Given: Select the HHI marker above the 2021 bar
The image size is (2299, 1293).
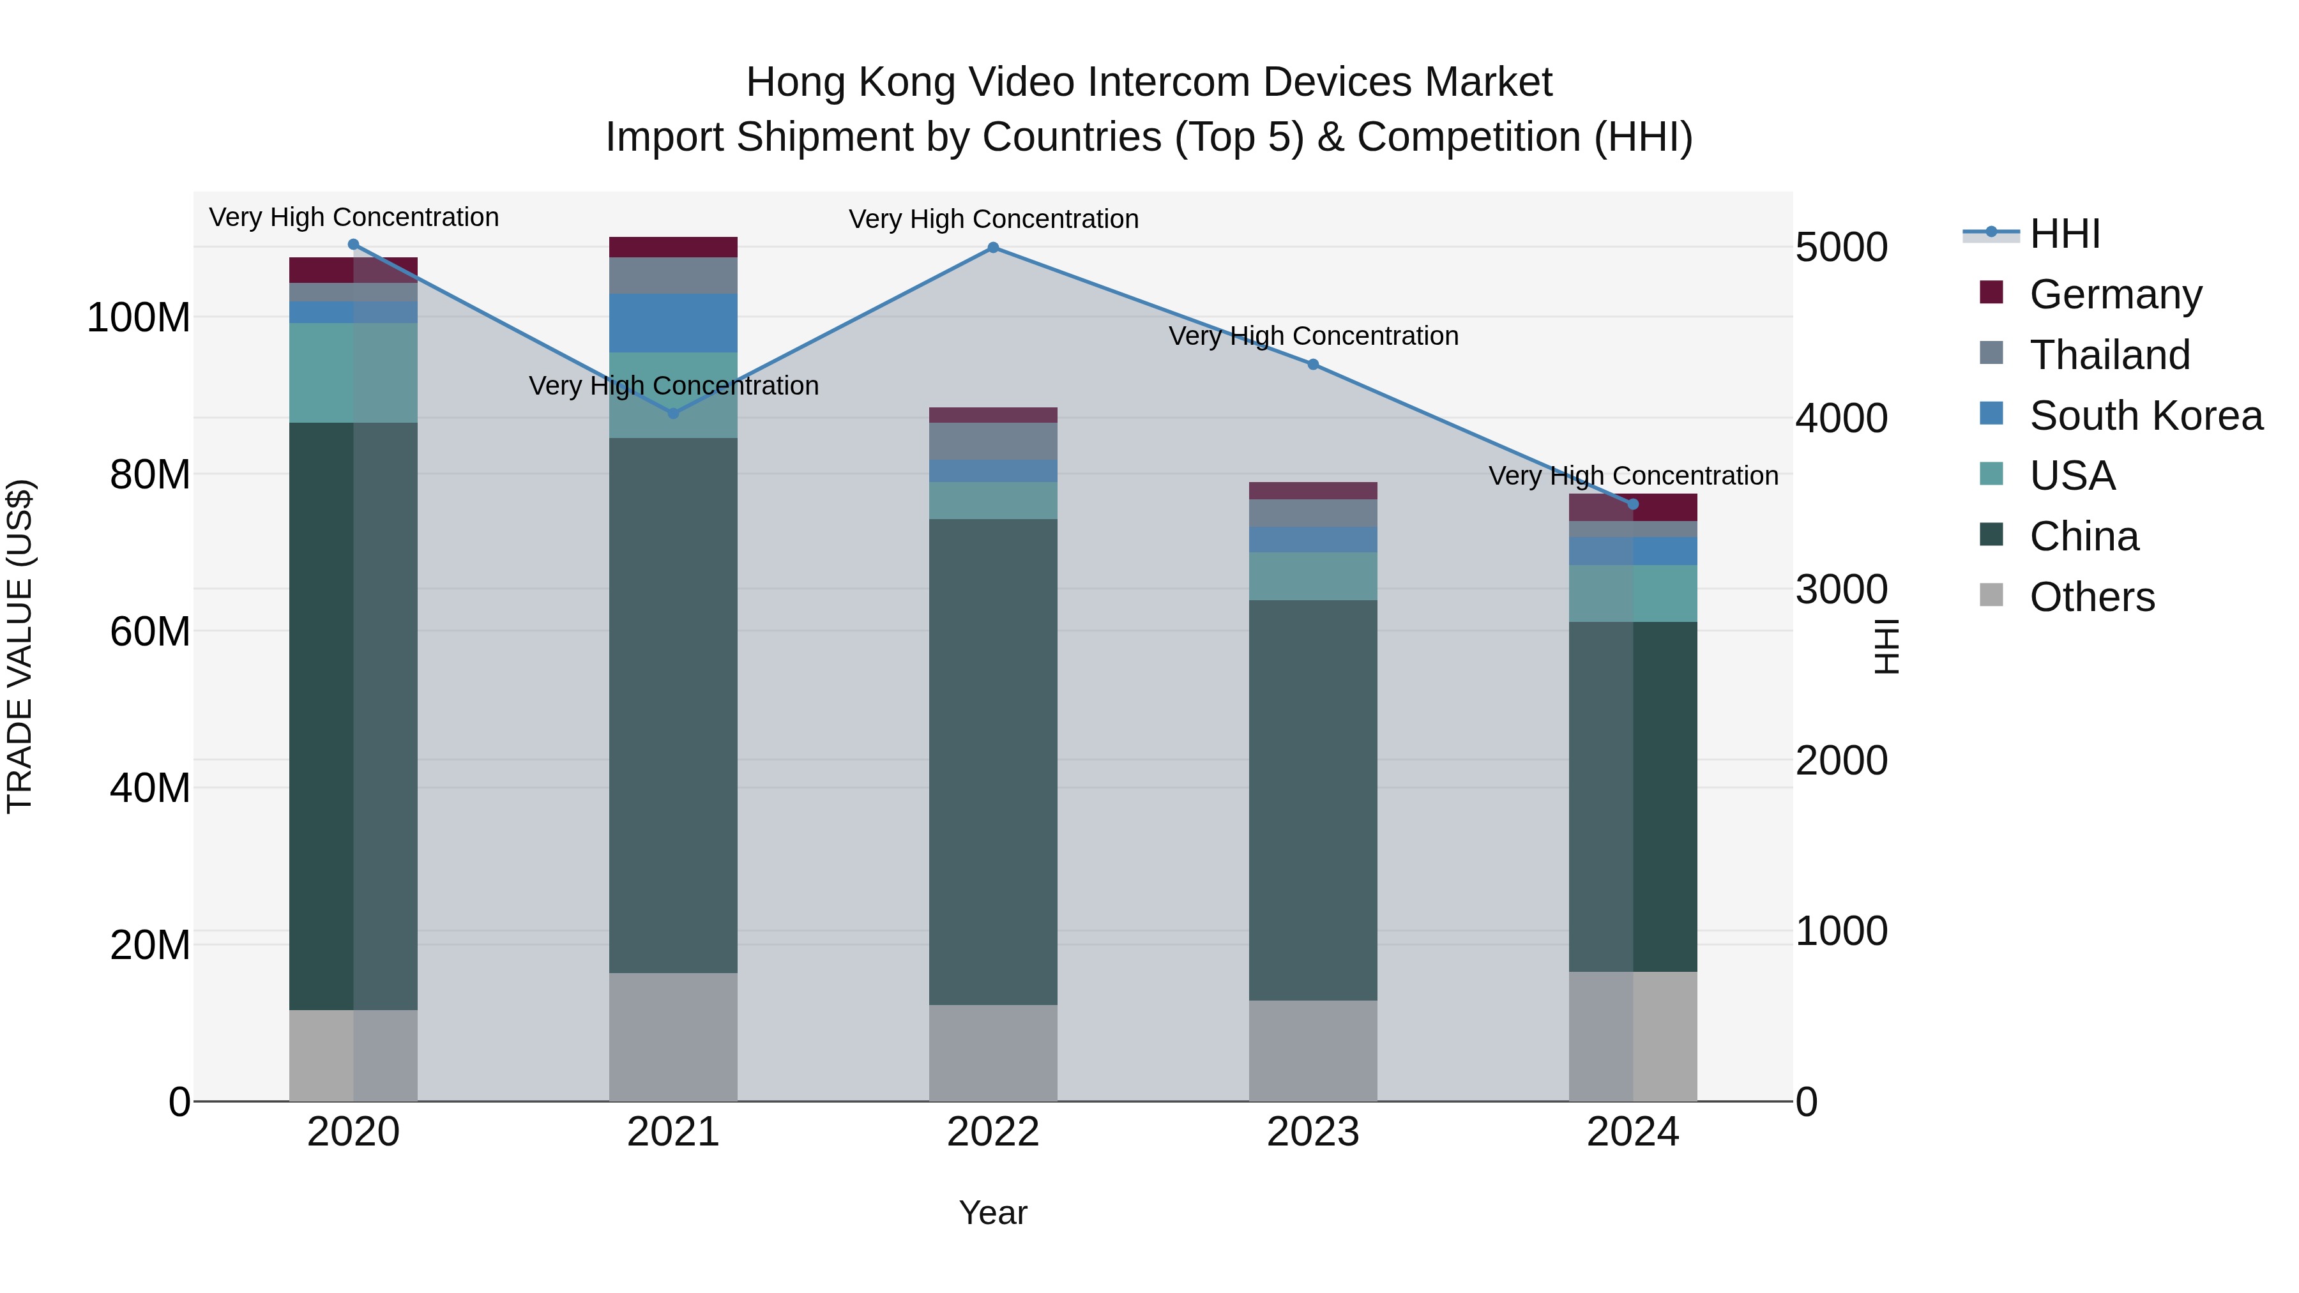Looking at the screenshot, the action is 673,413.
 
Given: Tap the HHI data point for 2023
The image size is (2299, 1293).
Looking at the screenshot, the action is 1313,364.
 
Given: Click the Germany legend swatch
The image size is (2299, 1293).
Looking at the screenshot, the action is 1991,292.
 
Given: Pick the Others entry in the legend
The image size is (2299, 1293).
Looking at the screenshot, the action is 2091,597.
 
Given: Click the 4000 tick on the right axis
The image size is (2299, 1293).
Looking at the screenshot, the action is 1841,418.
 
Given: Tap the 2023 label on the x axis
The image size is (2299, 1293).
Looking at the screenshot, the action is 1313,1132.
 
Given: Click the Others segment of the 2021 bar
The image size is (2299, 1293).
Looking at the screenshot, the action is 673,1036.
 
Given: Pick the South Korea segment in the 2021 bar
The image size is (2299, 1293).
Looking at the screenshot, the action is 673,323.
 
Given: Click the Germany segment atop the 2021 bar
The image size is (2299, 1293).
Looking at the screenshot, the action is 673,247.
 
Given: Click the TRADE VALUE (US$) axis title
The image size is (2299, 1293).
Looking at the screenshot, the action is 20,645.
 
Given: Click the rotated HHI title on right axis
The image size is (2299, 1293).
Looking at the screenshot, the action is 1886,646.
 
